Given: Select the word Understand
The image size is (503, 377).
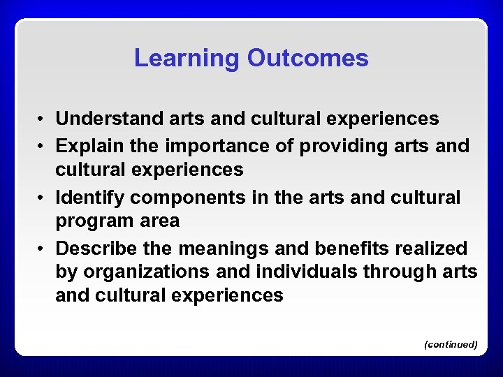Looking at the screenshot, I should [x=110, y=119].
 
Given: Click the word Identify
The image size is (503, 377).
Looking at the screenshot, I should [x=89, y=198].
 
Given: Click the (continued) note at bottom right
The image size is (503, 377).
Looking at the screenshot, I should [x=451, y=344].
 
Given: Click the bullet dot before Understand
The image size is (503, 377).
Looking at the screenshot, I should [x=43, y=119].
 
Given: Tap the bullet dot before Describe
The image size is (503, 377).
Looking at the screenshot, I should [x=43, y=249].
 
